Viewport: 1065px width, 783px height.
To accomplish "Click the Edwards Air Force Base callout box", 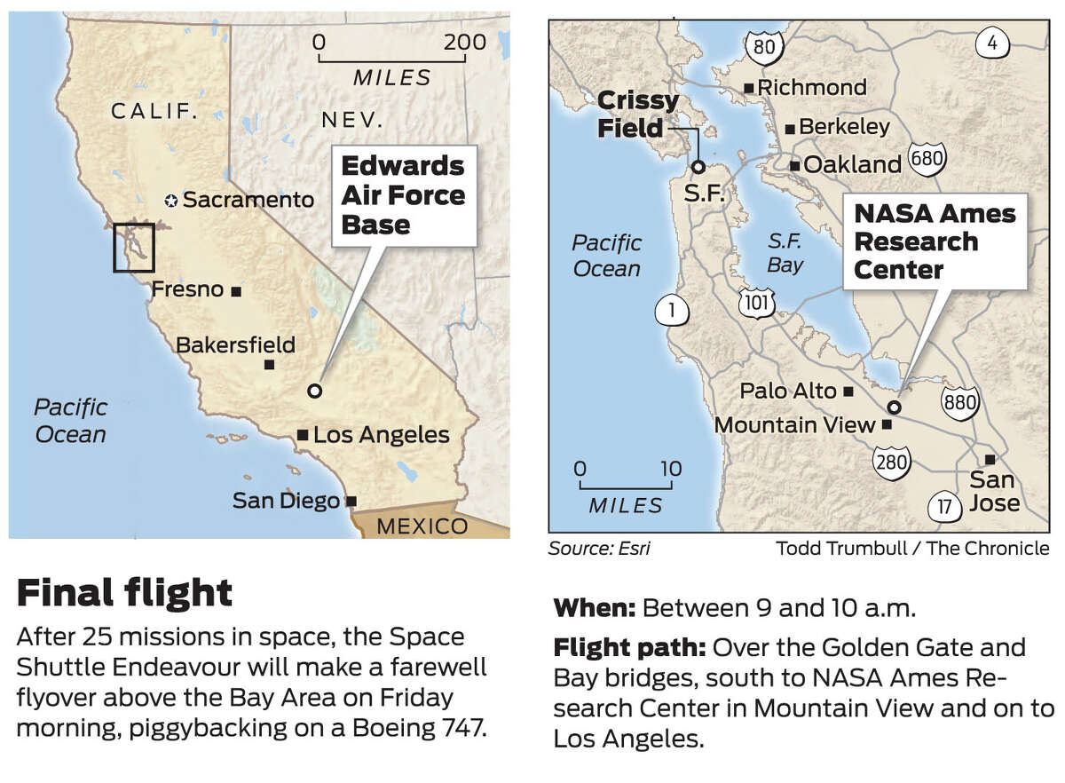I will coord(404,195).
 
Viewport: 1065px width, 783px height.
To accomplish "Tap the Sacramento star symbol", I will coord(171,201).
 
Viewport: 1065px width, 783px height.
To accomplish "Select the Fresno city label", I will coord(187,289).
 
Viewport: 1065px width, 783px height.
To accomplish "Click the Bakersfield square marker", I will coord(270,364).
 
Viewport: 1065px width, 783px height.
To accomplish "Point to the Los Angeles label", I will coord(382,435).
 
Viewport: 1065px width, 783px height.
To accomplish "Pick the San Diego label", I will coord(286,501).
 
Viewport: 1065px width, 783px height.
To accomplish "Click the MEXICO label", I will coord(422,526).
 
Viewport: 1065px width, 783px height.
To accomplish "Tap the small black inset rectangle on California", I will coord(134,248).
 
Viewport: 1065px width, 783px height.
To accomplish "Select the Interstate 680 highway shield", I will coord(927,161).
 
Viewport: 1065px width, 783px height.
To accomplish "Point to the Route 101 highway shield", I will coord(756,303).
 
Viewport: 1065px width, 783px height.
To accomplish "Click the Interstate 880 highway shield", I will coord(961,402).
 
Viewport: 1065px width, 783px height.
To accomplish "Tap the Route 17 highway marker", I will coord(943,509).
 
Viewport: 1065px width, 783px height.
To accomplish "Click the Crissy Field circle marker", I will coord(698,166).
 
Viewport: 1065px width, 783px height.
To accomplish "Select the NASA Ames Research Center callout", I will coord(934,241).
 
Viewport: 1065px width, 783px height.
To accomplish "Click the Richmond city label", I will coord(811,87).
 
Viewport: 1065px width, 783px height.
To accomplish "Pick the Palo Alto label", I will coord(788,391).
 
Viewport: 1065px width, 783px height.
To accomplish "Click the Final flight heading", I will coord(124,592).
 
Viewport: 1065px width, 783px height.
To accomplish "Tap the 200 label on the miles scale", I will coord(466,42).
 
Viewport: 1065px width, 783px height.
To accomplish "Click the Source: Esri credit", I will coord(599,549).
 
